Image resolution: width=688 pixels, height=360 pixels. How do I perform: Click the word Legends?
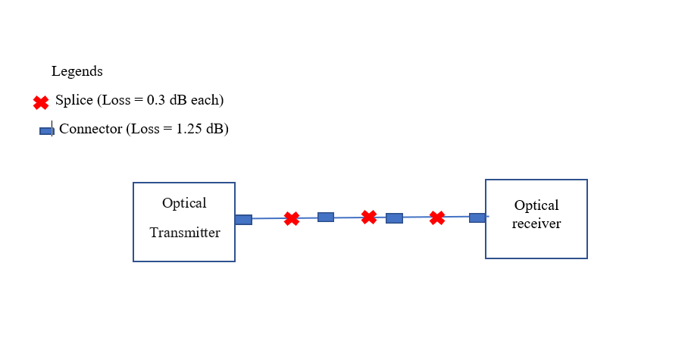(77, 72)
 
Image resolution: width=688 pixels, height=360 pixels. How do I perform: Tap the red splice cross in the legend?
(41, 102)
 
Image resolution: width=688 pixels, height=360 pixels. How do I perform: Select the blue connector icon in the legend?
(46, 131)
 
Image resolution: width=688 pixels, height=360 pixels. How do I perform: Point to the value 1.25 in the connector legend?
(188, 129)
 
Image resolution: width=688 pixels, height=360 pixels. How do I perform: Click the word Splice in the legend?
(73, 100)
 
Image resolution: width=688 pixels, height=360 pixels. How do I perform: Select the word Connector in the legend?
(90, 129)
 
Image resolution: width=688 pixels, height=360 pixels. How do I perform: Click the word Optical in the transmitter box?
(184, 203)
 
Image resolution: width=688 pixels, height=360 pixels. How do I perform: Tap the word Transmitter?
(185, 233)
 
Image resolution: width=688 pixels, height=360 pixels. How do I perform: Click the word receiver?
(536, 224)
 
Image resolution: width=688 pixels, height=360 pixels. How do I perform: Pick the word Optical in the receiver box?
(536, 205)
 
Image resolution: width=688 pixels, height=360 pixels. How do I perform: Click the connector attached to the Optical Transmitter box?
(243, 220)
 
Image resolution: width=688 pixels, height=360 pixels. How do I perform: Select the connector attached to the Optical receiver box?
(477, 218)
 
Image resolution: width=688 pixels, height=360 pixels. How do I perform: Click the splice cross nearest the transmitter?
(292, 219)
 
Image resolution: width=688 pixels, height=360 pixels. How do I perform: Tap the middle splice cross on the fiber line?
(369, 218)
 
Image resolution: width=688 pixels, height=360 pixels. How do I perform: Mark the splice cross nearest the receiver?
(437, 218)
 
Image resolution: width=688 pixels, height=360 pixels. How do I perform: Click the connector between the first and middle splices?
(326, 218)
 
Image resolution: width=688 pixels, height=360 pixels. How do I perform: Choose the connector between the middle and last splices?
(394, 218)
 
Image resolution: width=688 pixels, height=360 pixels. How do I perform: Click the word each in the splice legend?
(206, 100)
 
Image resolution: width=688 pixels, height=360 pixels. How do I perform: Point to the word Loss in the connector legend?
(146, 129)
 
